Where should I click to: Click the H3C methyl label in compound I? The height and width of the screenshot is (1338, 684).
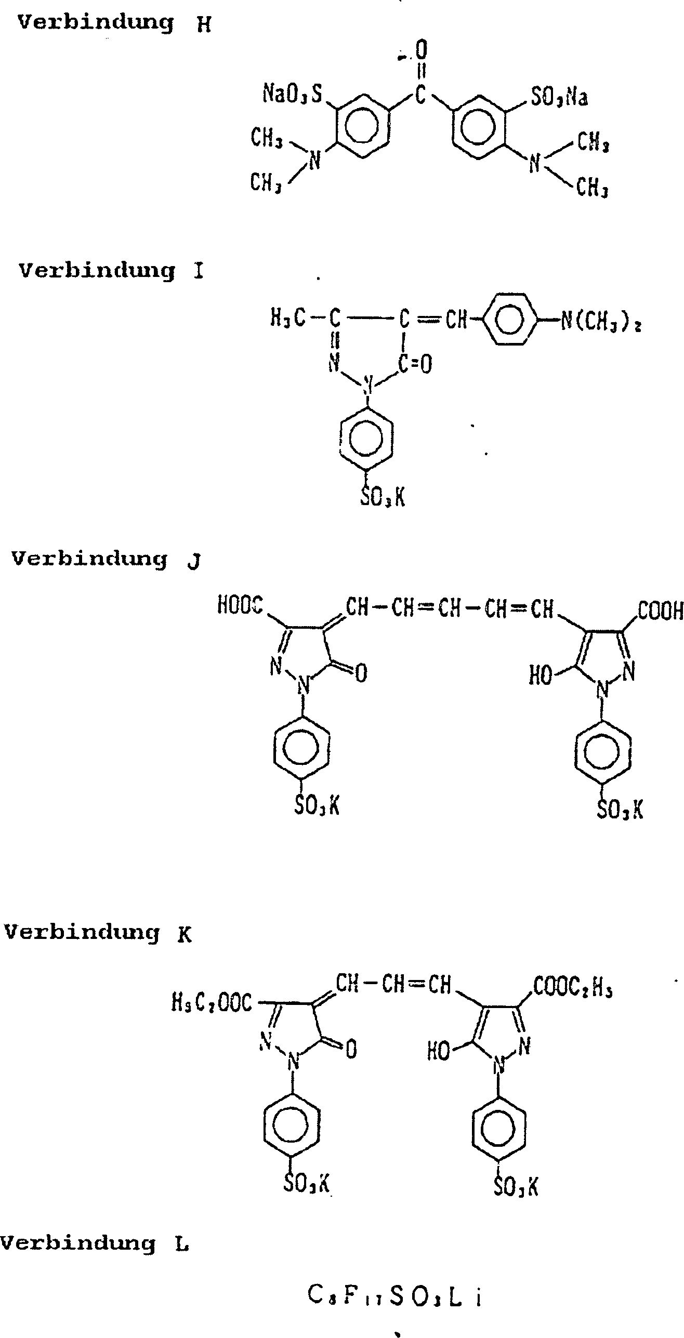(287, 318)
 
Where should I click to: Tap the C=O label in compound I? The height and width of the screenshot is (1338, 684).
(415, 365)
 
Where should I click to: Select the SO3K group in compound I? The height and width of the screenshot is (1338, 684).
(382, 497)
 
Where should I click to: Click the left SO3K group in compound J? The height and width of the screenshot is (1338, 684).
(317, 806)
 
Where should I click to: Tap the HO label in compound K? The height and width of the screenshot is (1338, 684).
(438, 1052)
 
